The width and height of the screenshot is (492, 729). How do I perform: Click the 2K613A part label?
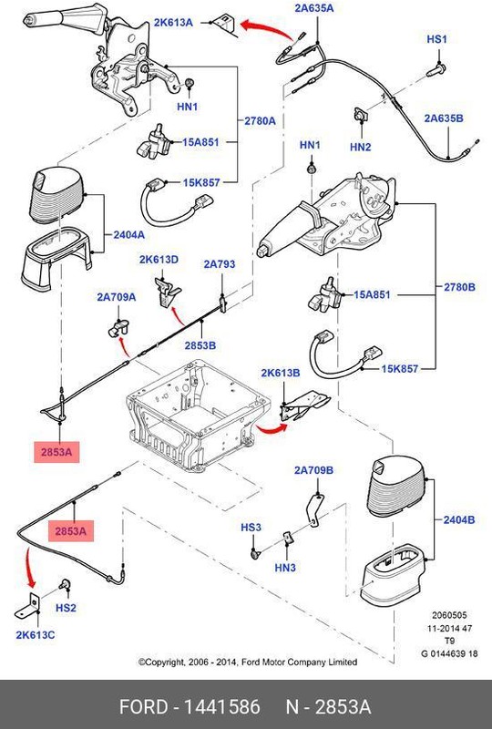173,22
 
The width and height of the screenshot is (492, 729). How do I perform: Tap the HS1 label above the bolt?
436,39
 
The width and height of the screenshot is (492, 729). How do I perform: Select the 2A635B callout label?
444,118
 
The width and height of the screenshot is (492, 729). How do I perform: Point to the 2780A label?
260,121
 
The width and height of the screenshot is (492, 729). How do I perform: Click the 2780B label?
459,287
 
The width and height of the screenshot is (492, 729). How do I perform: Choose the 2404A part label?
128,235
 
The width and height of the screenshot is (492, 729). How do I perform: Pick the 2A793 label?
220,264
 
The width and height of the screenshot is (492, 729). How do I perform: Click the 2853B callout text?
200,345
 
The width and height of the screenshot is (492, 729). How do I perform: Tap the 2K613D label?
159,260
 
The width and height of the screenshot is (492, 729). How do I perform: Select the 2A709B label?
313,470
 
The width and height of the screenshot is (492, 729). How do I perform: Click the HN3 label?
285,568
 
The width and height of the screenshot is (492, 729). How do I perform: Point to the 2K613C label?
36,635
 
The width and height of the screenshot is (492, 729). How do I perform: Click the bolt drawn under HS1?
436,70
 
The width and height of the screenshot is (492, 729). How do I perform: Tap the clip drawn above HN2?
361,116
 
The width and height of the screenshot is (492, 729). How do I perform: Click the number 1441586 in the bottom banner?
222,707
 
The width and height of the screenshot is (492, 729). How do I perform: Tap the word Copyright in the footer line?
166,662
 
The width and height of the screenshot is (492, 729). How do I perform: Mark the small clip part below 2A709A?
118,328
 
